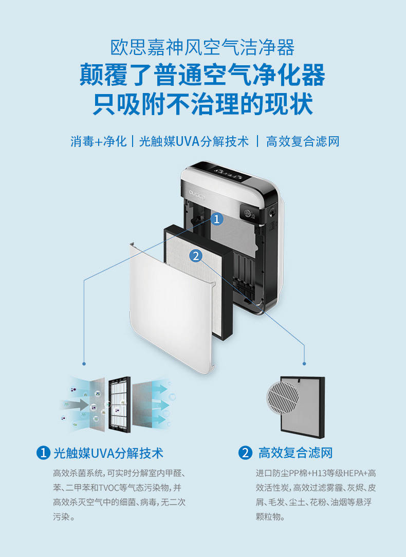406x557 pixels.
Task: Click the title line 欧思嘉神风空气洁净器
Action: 202,48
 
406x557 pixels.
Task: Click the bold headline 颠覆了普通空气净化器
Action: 202,76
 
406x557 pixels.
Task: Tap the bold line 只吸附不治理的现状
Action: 202,105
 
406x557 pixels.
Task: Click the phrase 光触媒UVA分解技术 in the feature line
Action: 194,141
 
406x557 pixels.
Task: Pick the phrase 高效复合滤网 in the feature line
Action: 302,141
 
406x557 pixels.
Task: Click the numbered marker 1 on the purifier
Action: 216,219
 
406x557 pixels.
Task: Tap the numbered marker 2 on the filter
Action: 196,256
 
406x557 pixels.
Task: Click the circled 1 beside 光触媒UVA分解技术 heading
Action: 44,453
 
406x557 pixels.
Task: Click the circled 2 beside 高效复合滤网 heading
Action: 246,453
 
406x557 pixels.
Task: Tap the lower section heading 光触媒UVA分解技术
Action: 108,453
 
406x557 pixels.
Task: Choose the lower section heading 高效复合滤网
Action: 296,453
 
